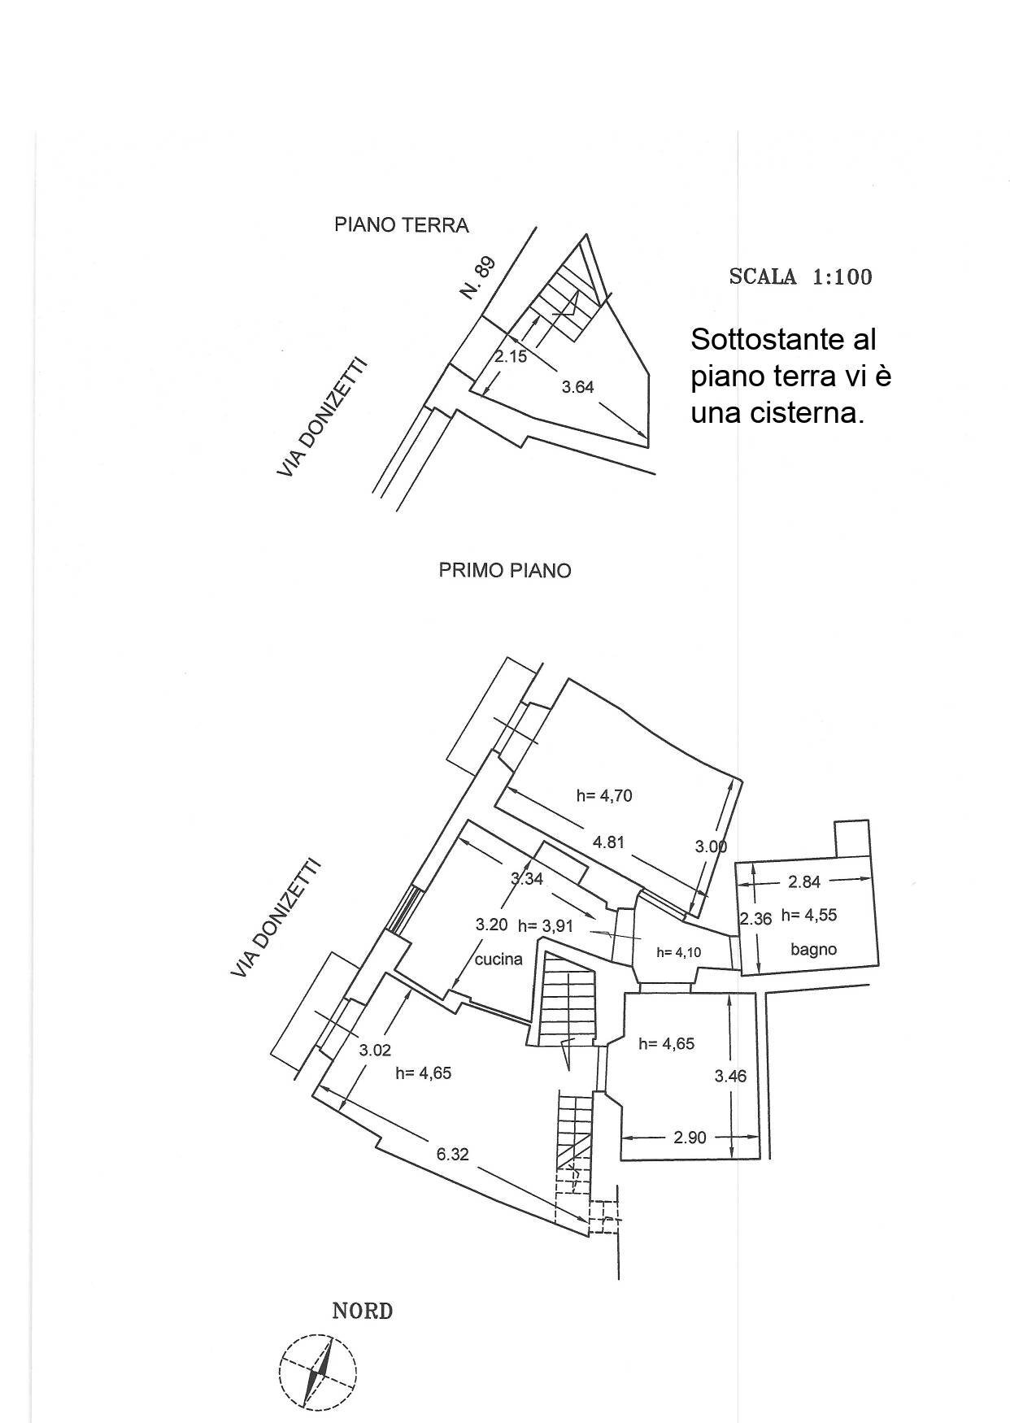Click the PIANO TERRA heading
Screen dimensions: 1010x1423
[402, 225]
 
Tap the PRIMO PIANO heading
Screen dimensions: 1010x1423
[505, 571]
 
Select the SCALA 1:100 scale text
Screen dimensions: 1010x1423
[800, 277]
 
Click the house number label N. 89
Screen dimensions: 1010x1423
[477, 278]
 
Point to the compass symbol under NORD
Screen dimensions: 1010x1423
[317, 1371]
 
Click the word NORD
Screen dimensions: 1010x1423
[363, 1312]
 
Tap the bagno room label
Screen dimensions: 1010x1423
[813, 949]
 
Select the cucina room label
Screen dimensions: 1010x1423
[498, 960]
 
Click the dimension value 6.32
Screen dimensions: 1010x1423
[452, 1154]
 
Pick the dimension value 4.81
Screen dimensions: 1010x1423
[608, 842]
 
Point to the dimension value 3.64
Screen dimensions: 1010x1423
[577, 387]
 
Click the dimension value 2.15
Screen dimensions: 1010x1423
[512, 356]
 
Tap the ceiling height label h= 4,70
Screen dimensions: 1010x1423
[604, 796]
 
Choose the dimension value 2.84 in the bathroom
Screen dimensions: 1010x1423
[804, 881]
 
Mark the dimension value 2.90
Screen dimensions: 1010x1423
[690, 1138]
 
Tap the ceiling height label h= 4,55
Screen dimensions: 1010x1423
[809, 916]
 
